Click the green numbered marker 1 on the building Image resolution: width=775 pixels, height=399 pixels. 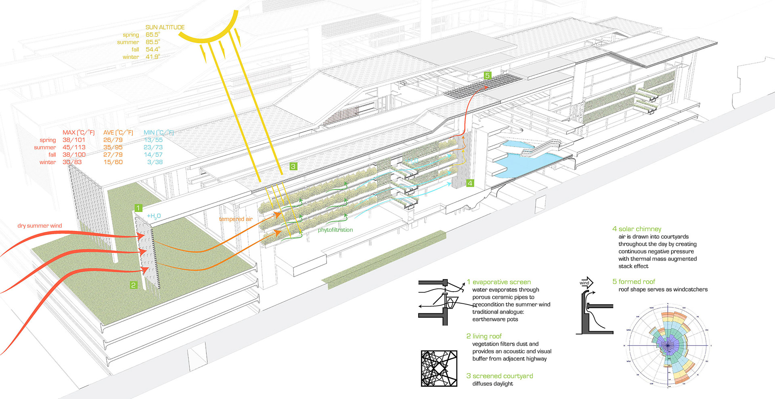(138, 208)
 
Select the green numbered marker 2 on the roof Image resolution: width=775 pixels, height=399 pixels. (133, 285)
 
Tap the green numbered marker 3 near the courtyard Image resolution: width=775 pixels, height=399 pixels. (293, 166)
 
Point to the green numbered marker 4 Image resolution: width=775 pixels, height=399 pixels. (470, 183)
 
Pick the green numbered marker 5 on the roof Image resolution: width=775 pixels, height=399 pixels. (487, 75)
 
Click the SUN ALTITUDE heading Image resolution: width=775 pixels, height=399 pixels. (165, 27)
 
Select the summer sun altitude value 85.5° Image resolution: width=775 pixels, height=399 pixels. (153, 42)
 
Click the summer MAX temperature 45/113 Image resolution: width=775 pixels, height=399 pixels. (74, 147)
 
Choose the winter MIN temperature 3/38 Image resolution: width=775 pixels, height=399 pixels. (155, 162)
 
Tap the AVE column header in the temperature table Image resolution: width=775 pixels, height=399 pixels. (118, 132)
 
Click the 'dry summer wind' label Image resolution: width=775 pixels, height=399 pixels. (40, 226)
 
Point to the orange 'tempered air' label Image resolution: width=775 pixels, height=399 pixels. (236, 219)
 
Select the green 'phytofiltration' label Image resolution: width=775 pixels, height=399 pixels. (335, 230)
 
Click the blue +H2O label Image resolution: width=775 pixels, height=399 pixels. (154, 216)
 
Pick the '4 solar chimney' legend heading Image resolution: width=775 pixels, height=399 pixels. (637, 229)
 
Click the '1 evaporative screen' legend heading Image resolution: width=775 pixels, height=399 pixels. (499, 282)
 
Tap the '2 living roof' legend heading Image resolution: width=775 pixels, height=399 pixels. (484, 336)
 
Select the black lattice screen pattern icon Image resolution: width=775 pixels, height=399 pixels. (439, 368)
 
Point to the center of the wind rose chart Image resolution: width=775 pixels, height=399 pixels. (668, 345)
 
